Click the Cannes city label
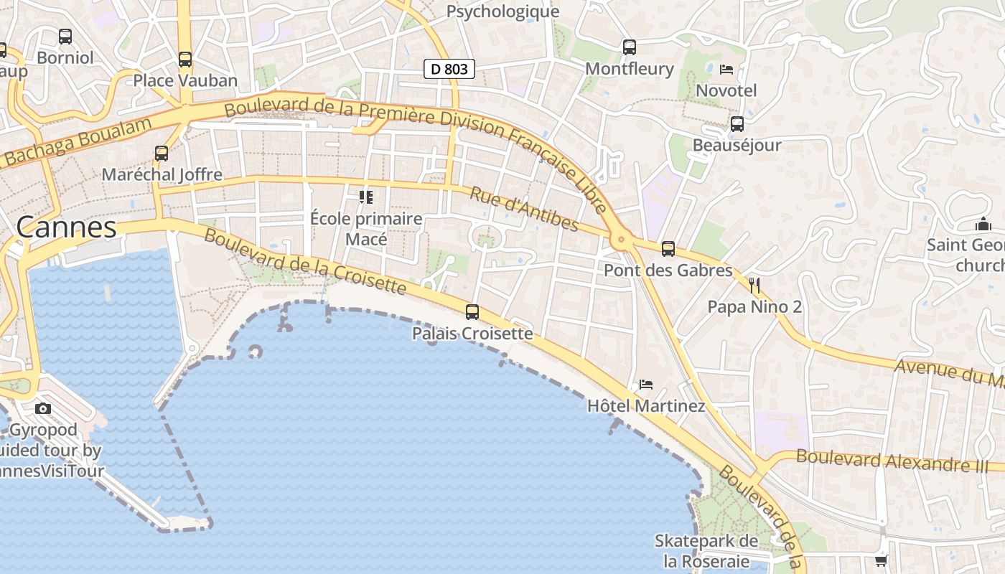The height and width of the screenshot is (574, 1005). click(66, 227)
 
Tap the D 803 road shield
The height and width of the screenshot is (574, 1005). click(449, 69)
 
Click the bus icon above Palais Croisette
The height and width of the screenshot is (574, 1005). click(472, 311)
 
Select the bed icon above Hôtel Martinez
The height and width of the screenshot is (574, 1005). click(646, 385)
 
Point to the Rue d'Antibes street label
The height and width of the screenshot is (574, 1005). click(524, 209)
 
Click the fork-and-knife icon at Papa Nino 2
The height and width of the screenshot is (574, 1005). click(754, 286)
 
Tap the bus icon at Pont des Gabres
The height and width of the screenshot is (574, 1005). click(668, 249)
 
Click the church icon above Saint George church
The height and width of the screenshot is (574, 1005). click(983, 225)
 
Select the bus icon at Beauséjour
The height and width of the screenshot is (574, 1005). click(737, 123)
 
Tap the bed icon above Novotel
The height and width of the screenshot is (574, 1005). click(726, 70)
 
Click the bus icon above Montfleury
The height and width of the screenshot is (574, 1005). click(630, 47)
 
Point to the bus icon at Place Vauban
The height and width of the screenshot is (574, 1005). click(185, 59)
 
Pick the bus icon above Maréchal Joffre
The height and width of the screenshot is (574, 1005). click(162, 153)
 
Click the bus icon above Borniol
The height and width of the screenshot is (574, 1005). click(65, 36)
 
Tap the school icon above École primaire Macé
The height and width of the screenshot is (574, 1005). click(366, 197)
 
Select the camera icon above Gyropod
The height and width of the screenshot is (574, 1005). click(43, 408)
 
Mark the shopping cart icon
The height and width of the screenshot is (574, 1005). click(882, 560)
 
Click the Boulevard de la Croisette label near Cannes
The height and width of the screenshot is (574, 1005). click(305, 262)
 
